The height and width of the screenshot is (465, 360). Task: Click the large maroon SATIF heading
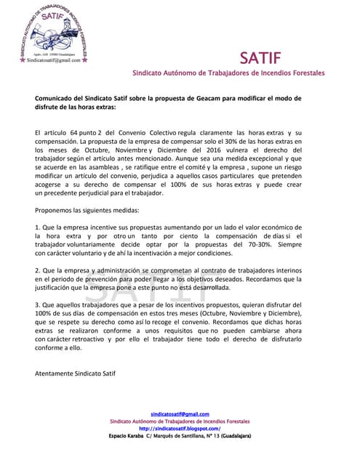265,58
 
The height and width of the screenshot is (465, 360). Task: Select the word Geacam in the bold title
215,97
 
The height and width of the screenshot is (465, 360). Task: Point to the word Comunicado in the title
57,97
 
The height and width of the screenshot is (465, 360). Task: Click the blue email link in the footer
180,414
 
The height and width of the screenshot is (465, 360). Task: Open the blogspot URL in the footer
180,428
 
